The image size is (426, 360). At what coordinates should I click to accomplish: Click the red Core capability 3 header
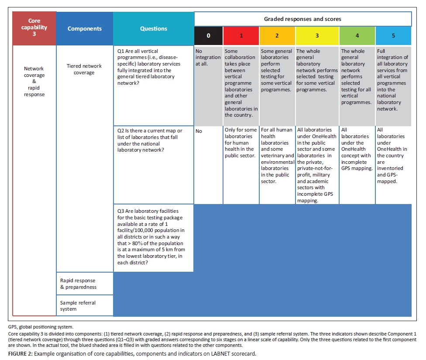click(34, 28)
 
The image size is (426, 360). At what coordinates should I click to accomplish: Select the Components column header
click(84, 29)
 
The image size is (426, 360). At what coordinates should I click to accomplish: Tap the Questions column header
click(153, 29)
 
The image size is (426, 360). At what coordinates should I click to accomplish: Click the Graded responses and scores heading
click(302, 19)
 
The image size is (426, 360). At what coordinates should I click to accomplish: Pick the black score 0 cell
click(208, 36)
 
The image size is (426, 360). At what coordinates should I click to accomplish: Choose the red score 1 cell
click(241, 36)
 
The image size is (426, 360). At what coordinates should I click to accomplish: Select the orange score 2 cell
click(277, 36)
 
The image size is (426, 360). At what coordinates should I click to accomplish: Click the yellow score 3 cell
click(317, 36)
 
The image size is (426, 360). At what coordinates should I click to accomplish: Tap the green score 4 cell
click(357, 36)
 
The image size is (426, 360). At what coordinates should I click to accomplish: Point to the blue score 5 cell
click(393, 36)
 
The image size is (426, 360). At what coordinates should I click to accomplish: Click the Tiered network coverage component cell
click(84, 69)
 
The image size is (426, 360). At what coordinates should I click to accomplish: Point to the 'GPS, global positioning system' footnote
click(39, 327)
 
